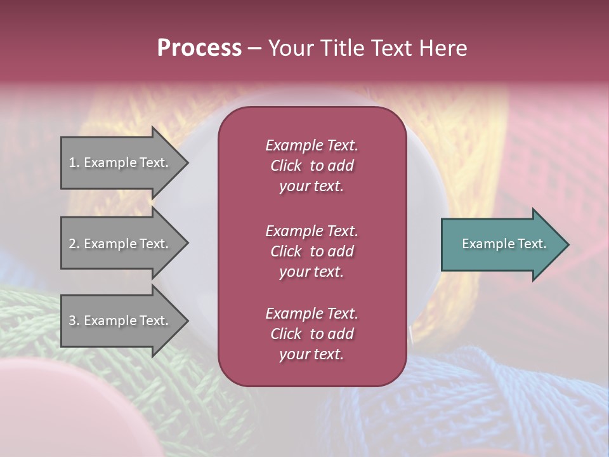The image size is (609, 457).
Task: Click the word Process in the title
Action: pos(199,48)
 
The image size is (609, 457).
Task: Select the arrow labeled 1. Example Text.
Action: pos(121,162)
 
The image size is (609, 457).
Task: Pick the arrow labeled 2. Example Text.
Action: pos(121,244)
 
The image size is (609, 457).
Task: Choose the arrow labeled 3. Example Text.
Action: pos(121,321)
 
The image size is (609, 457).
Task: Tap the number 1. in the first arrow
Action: pos(74,162)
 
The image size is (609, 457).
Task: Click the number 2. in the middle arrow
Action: pos(74,244)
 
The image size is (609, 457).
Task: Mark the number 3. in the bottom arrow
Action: pos(74,321)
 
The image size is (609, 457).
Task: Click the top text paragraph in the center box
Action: pos(311,166)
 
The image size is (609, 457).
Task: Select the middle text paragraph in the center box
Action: pos(311,251)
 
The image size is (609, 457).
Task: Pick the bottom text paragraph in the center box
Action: pos(311,334)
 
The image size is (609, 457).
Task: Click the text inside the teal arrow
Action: pos(504,244)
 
